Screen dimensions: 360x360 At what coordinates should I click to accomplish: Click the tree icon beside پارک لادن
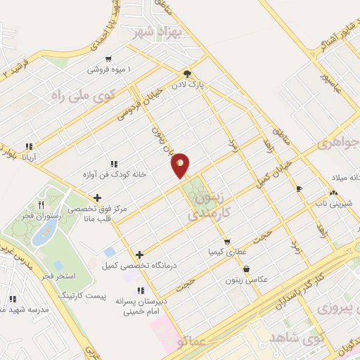pyautogui.click(x=186, y=72)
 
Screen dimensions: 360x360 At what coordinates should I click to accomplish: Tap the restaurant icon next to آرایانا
pyautogui.click(x=29, y=147)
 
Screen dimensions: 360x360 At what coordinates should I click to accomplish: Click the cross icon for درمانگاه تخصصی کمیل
pyautogui.click(x=139, y=255)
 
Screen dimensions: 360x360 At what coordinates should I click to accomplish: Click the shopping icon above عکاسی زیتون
pyautogui.click(x=246, y=269)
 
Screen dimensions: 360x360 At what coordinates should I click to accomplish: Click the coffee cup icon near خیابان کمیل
pyautogui.click(x=299, y=188)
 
